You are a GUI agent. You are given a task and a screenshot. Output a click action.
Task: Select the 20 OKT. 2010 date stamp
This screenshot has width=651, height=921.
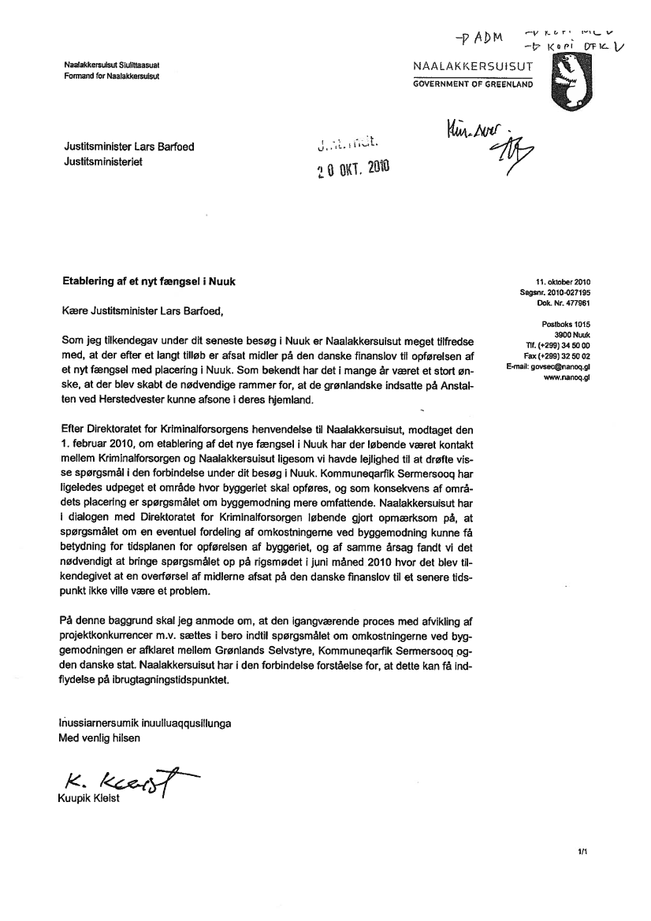[x=352, y=166]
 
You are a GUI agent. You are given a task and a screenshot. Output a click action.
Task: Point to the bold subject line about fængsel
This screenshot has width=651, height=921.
[x=148, y=280]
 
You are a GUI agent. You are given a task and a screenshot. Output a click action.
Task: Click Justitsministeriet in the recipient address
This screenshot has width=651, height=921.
[x=103, y=162]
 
